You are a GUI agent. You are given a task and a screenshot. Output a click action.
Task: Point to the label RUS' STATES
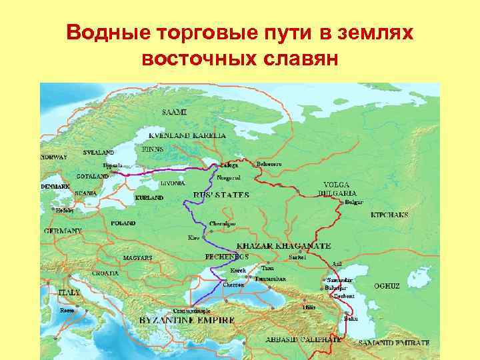221,195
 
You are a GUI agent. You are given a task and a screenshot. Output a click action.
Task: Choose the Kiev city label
193,237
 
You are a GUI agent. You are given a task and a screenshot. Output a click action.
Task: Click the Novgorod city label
229,178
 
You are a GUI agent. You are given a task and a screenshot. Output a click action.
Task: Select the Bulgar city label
354,202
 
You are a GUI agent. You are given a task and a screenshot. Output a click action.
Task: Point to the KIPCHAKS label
389,215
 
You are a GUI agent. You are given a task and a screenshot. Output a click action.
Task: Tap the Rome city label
67,311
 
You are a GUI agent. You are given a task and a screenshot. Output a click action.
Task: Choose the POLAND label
123,223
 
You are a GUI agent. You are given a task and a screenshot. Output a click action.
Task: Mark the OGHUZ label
387,285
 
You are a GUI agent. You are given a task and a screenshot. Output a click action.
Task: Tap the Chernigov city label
223,223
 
